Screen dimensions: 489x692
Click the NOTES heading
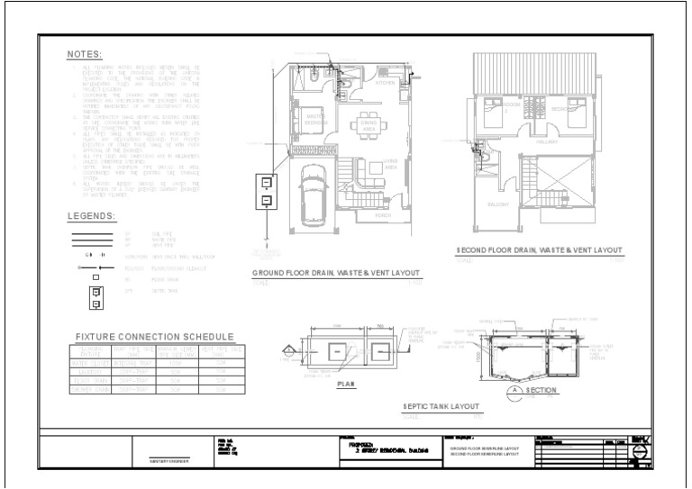tap(85, 55)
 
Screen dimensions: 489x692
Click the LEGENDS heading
tap(92, 216)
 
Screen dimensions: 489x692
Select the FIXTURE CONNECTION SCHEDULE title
tap(149, 336)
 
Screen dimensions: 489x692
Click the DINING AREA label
tap(368, 126)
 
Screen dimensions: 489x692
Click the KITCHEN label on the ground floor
tap(385, 83)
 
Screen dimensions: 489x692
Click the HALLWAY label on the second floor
tap(547, 141)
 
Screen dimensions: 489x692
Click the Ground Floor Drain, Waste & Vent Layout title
tap(337, 272)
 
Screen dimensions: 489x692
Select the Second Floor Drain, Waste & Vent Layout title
tap(539, 250)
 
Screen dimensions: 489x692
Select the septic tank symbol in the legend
tap(96, 298)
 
